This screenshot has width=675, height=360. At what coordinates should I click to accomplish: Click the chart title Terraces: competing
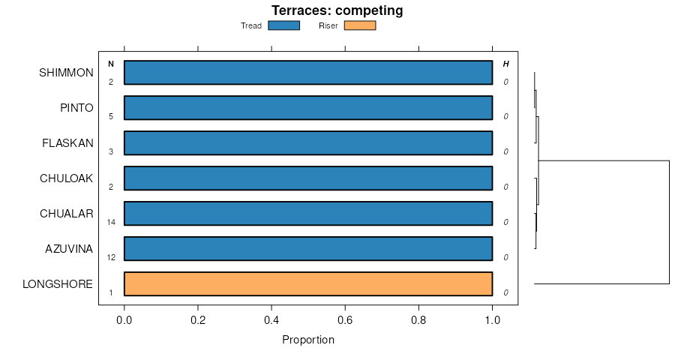pyautogui.click(x=337, y=10)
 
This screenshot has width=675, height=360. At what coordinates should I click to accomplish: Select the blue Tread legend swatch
pyautogui.click(x=283, y=25)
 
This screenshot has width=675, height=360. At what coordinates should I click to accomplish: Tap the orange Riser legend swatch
pyautogui.click(x=359, y=25)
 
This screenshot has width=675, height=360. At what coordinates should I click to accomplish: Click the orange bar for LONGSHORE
pyautogui.click(x=307, y=283)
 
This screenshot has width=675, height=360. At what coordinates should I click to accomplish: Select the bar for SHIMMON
pyautogui.click(x=307, y=73)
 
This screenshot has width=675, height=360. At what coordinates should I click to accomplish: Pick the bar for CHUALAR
pyautogui.click(x=307, y=213)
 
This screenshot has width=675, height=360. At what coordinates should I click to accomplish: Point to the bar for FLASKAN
pyautogui.click(x=307, y=142)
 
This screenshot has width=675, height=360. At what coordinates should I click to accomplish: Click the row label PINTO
pyautogui.click(x=76, y=108)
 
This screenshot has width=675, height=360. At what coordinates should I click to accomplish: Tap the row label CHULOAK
pyautogui.click(x=67, y=178)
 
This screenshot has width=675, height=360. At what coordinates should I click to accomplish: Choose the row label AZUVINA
pyautogui.click(x=69, y=248)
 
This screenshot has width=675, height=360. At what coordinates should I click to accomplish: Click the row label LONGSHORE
pyautogui.click(x=58, y=283)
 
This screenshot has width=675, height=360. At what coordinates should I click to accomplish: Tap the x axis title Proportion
pyautogui.click(x=307, y=340)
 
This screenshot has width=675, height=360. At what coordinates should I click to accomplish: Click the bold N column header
pyautogui.click(x=111, y=64)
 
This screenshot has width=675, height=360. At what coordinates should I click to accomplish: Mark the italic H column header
pyautogui.click(x=505, y=64)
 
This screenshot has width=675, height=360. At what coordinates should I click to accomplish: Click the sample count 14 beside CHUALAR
pyautogui.click(x=111, y=222)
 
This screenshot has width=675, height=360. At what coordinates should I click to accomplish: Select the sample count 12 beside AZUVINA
pyautogui.click(x=111, y=257)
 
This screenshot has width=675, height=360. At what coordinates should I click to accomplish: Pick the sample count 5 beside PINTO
pyautogui.click(x=111, y=117)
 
